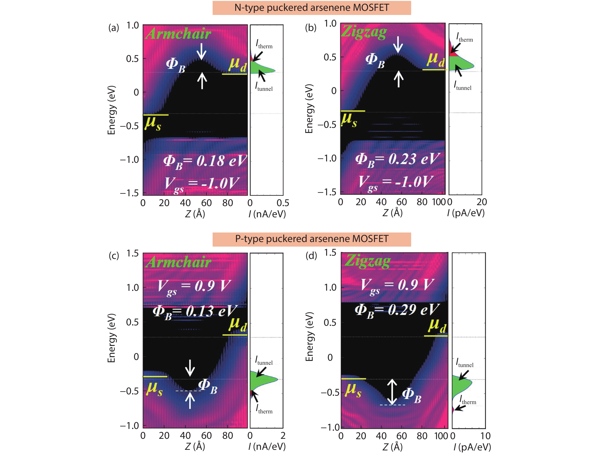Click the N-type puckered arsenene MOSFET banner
tap(312, 8)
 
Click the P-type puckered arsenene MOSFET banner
tap(312, 239)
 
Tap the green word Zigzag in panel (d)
tap(368, 261)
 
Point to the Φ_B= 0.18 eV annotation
tap(205, 161)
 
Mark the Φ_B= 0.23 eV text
tap(397, 160)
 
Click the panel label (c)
tap(114, 256)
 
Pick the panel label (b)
tap(311, 28)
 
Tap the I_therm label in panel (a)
tap(264, 44)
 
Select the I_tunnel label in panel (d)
tap(465, 363)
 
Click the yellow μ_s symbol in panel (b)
tap(349, 120)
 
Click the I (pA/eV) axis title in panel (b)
tap(465, 213)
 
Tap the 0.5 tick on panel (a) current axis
tap(283, 203)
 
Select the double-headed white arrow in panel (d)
tap(392, 392)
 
